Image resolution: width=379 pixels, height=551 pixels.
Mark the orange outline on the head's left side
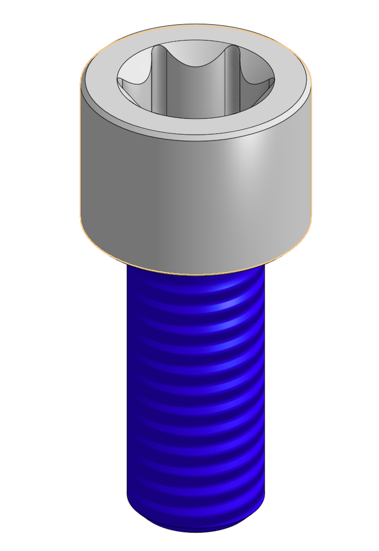pos(80,161)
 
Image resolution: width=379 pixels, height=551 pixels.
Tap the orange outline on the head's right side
pos(311,161)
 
